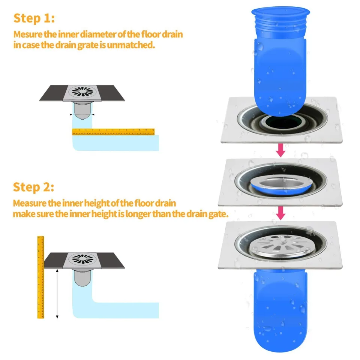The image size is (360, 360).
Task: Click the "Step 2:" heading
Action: coord(34,187)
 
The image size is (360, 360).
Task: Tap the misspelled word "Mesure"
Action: coord(25,34)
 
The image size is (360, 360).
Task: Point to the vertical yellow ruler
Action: coord(40,277)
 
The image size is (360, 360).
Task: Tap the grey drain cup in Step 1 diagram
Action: coord(82,111)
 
